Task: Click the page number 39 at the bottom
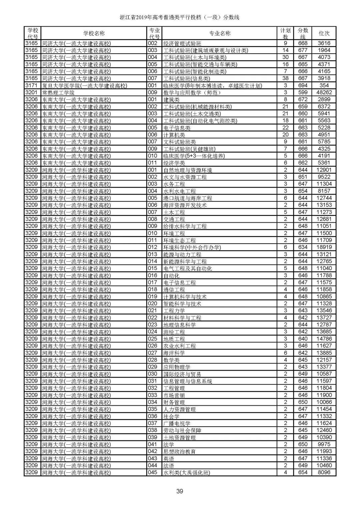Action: tap(180, 491)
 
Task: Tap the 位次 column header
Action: tap(324, 33)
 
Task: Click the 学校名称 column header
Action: tap(94, 33)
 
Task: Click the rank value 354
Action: tap(324, 86)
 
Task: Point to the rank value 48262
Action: tap(324, 93)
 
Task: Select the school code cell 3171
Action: tap(32, 86)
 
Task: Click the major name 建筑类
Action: tap(171, 100)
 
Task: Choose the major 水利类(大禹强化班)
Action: tap(187, 473)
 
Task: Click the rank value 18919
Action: tap(324, 247)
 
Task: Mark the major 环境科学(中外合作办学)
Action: tap(192, 247)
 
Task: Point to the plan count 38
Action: tap(285, 78)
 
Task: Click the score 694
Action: tap(303, 86)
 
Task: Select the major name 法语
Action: tap(169, 466)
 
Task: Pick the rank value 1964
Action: tap(324, 50)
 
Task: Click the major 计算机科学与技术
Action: tap(185, 297)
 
